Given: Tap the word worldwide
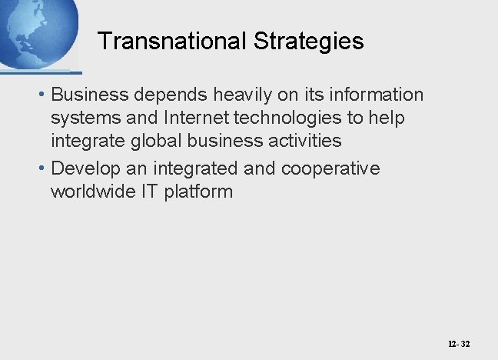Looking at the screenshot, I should click(92, 191).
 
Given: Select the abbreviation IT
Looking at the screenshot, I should click(151, 191).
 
